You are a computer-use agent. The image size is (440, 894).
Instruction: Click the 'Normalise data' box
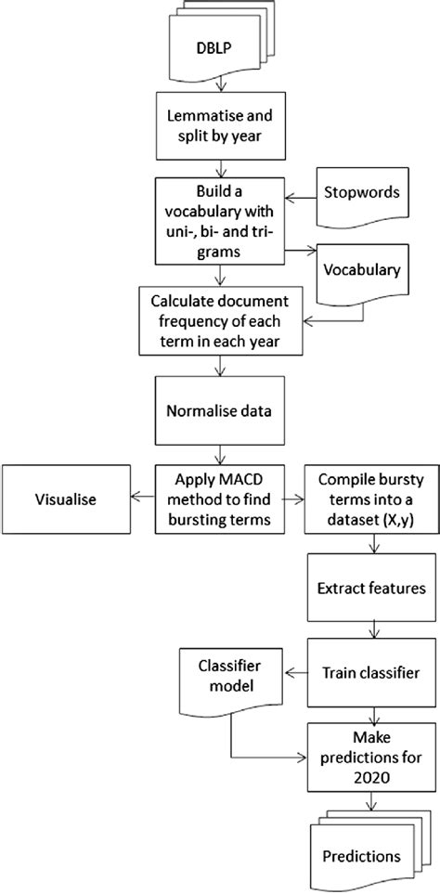tap(220, 409)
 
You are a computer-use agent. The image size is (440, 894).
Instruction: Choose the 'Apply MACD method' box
tap(219, 499)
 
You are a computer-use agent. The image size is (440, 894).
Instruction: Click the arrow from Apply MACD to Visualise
tap(142, 499)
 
